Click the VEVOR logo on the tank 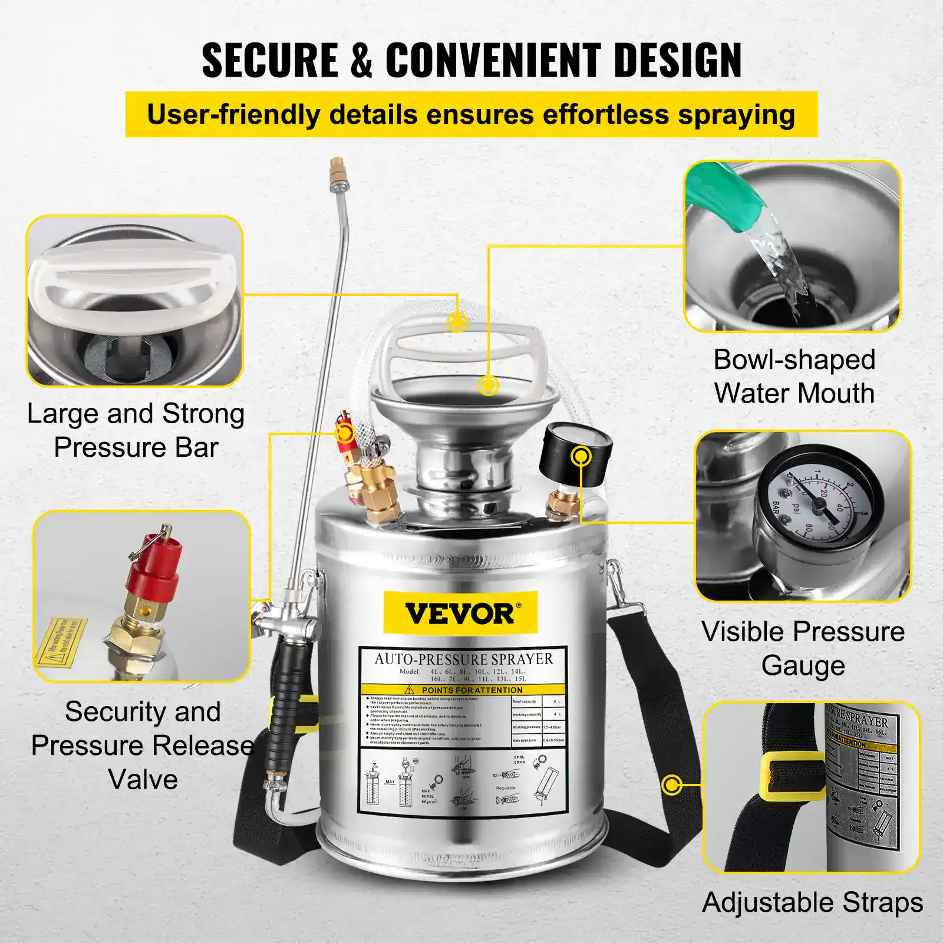[460, 614]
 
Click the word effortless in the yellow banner [605, 114]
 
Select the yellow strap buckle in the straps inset [791, 777]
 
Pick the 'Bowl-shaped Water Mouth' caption [794, 377]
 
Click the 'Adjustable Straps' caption [812, 902]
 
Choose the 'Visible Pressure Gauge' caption [803, 648]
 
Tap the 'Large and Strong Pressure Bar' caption [136, 430]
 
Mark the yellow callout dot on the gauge [581, 456]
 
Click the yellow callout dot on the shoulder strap [671, 784]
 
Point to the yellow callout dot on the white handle [457, 322]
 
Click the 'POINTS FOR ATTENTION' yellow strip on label [463, 690]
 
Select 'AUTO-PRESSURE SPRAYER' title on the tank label [464, 659]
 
